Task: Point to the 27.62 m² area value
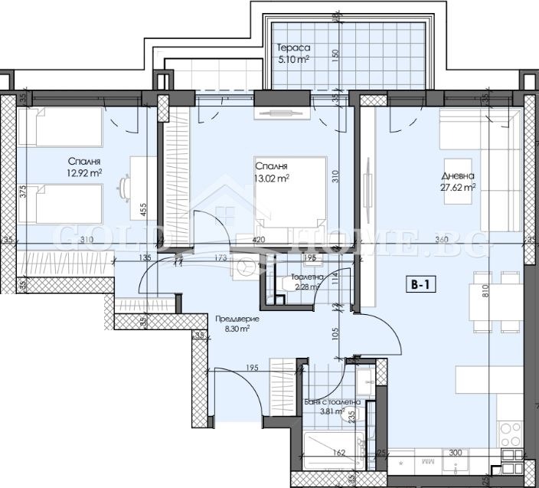(x=458, y=186)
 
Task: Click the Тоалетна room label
(x=306, y=277)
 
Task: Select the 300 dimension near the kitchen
(x=455, y=454)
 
